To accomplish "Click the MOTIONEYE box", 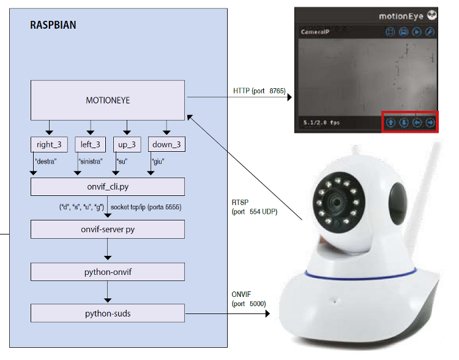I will [x=107, y=100].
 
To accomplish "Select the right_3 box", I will [x=49, y=144].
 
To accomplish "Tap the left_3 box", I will [x=90, y=144].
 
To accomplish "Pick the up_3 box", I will [x=127, y=144].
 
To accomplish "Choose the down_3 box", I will [x=166, y=144].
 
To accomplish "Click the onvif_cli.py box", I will [x=107, y=187].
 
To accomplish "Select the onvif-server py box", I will [x=107, y=229].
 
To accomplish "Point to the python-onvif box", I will [x=107, y=271].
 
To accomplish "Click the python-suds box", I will [x=107, y=313].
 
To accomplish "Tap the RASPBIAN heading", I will [x=53, y=26].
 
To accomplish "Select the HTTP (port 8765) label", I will [x=259, y=91].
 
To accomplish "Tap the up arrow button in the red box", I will [x=390, y=122].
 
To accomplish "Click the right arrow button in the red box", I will [x=430, y=122].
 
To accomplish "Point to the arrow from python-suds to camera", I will [x=227, y=314].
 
